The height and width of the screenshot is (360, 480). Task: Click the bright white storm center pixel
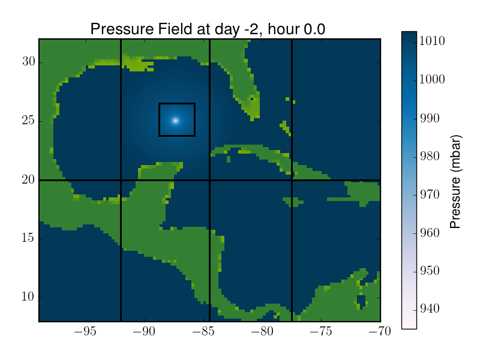pos(175,121)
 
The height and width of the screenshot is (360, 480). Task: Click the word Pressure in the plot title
pos(122,29)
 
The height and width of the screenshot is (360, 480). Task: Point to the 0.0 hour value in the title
pos(314,29)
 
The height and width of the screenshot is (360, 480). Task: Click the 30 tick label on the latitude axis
pos(29,62)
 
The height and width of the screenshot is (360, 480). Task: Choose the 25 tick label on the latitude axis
pos(29,121)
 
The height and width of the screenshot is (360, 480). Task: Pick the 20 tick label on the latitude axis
pos(29,179)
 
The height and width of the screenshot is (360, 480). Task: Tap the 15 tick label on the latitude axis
pos(29,238)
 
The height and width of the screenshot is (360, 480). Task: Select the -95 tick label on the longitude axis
pos(85,331)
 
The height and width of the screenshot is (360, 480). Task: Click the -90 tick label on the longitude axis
pos(144,331)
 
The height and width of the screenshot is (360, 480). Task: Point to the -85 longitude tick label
pos(203,331)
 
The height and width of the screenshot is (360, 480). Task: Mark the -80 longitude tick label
pos(262,331)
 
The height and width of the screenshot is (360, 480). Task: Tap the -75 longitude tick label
pos(321,331)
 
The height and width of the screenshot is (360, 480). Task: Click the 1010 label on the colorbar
pos(432,41)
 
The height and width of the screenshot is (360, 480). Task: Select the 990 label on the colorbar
pos(430,118)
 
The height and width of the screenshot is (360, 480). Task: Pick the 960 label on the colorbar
pos(430,233)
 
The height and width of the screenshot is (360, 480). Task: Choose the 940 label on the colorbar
pos(430,308)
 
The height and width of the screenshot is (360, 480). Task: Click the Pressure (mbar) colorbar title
pos(455,182)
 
